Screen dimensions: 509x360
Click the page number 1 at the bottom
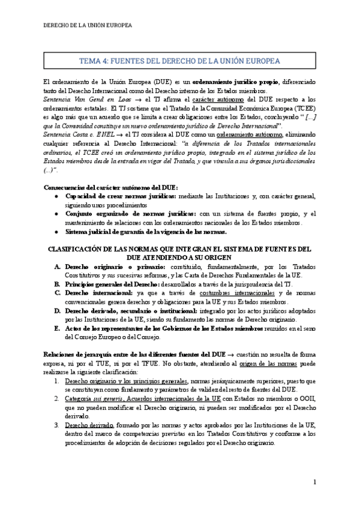coord(314,482)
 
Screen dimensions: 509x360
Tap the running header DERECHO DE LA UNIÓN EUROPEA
coord(88,26)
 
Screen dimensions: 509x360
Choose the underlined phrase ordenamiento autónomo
coord(247,136)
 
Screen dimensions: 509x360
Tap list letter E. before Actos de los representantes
coord(56,328)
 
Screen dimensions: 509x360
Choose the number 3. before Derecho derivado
coord(56,425)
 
